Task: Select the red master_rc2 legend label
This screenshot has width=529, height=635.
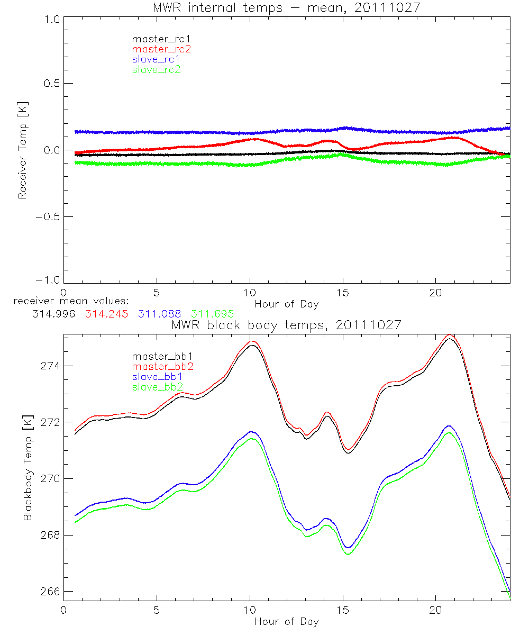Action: pyautogui.click(x=161, y=49)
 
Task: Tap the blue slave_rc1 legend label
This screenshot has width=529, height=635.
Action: pyautogui.click(x=156, y=59)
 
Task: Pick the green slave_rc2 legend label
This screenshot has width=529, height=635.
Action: pyautogui.click(x=156, y=69)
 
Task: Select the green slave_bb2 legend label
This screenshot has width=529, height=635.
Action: pyautogui.click(x=158, y=387)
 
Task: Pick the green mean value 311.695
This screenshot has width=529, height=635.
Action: pyautogui.click(x=213, y=314)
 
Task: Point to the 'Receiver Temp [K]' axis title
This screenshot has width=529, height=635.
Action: pyautogui.click(x=23, y=150)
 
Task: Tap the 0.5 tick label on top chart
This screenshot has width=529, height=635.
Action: pyautogui.click(x=50, y=84)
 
